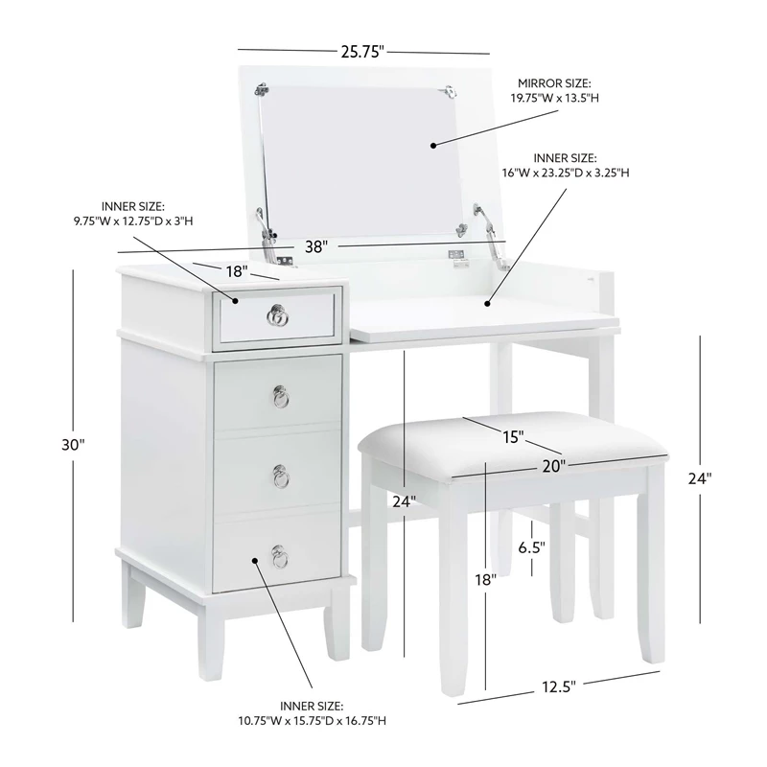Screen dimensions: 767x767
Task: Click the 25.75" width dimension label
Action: point(363,51)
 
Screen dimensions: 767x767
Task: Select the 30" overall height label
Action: point(74,445)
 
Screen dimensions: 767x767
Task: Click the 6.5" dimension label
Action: point(531,547)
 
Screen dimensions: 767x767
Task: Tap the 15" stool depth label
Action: point(513,436)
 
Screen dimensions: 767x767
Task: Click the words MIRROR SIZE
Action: point(555,84)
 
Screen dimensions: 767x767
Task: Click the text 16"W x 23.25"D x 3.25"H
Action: point(567,172)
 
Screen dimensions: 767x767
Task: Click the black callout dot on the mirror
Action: point(433,145)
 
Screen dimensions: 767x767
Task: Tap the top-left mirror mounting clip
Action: point(261,90)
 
